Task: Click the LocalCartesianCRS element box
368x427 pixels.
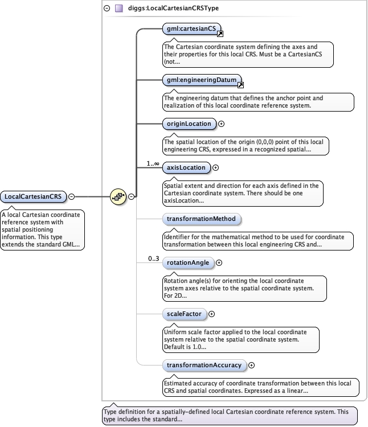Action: coord(33,196)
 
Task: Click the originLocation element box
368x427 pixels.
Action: coord(188,124)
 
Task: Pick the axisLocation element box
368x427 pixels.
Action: coord(185,167)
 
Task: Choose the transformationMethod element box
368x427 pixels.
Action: coord(200,219)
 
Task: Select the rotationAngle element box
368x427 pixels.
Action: coord(188,262)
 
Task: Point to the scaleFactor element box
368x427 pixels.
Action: coord(183,313)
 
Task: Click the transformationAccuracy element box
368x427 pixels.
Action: coord(203,365)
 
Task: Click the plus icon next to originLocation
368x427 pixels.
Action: coord(222,124)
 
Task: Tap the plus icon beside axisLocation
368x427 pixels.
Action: coord(215,167)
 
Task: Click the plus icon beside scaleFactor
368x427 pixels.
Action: coord(211,313)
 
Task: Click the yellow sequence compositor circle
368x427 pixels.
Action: coord(118,196)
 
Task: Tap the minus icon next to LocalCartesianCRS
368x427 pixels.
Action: coord(72,196)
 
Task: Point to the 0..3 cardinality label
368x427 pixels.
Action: coord(153,258)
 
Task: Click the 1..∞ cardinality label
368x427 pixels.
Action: coord(153,163)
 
